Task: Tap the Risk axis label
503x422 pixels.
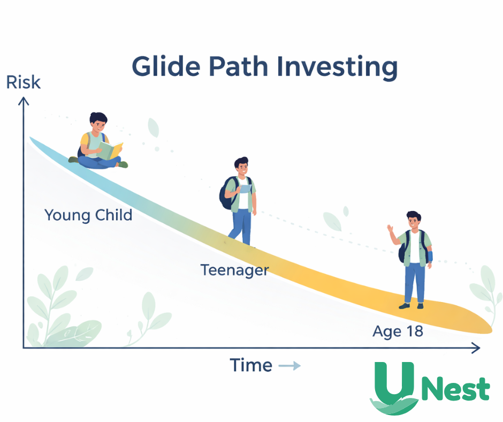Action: coord(23,83)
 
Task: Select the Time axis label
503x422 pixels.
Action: coord(251,366)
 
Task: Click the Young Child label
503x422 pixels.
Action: coord(88,215)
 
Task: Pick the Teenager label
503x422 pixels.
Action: coord(234,270)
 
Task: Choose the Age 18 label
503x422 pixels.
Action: coord(398,331)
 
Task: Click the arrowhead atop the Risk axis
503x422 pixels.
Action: coord(23,101)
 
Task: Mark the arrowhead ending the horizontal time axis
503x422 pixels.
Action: coord(474,349)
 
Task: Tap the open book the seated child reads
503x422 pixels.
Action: coord(111,150)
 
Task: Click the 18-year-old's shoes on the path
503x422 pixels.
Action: coord(411,305)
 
